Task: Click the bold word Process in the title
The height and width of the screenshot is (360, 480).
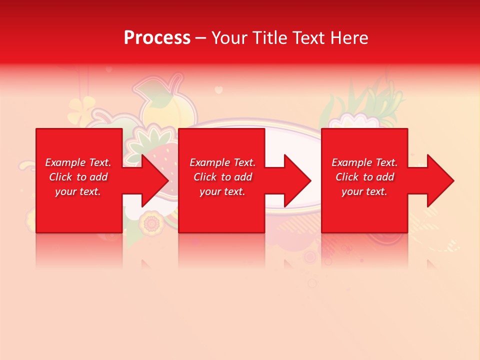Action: click(x=157, y=38)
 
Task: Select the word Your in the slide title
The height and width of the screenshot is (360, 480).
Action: click(x=229, y=38)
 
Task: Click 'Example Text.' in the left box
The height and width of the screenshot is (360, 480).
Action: click(x=78, y=162)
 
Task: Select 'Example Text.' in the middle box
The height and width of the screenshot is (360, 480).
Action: click(x=222, y=162)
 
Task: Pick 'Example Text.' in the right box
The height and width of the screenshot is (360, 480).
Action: click(x=364, y=162)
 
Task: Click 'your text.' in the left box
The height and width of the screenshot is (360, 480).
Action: click(x=78, y=191)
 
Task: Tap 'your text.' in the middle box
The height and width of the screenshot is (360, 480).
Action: click(x=222, y=191)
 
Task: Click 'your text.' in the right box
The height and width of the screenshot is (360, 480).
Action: click(x=364, y=191)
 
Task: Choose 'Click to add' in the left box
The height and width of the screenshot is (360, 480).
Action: click(x=78, y=177)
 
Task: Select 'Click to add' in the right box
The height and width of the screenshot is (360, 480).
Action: click(x=364, y=177)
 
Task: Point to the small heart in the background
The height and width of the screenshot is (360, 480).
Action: click(x=218, y=90)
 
